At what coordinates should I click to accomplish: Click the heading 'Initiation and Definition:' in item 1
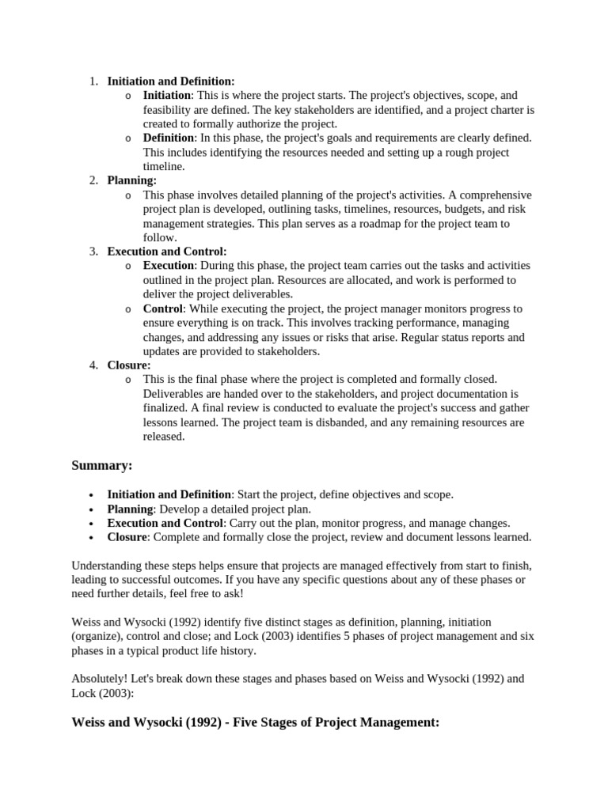tap(171, 81)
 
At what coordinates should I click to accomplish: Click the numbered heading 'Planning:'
tap(132, 180)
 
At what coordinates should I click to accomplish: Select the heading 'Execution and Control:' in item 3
tap(167, 252)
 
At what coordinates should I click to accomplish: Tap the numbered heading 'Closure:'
tap(129, 365)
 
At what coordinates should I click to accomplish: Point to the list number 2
tap(93, 180)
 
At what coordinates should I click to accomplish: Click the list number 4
tap(93, 365)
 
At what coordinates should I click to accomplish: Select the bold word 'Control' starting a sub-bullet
tap(163, 308)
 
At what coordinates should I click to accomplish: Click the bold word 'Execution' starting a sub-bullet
tap(169, 266)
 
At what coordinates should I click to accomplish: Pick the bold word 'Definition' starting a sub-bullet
tap(169, 138)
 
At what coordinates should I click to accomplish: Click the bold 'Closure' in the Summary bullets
tap(127, 537)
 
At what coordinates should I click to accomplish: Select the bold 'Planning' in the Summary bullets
tap(131, 509)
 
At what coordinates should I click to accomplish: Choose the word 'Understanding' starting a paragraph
tap(108, 566)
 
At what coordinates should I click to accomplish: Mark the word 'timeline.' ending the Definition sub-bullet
tap(164, 166)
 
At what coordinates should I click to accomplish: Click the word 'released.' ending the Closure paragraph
tap(164, 437)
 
